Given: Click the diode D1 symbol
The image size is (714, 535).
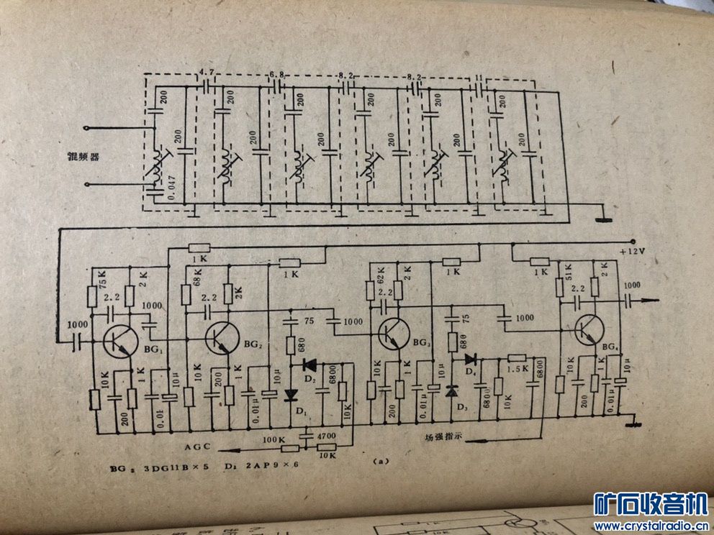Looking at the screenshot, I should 291,395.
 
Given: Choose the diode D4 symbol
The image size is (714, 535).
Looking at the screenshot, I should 471,359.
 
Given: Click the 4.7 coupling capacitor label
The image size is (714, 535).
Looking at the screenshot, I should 207,73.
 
